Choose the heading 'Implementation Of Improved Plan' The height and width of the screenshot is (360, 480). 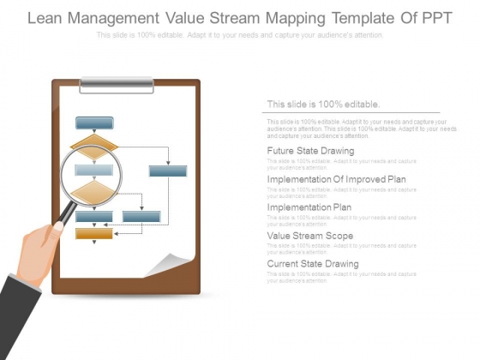[336, 179]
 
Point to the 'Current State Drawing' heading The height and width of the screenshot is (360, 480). [312, 264]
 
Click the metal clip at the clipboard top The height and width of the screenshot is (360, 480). [117, 85]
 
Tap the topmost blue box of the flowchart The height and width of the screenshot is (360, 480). [94, 123]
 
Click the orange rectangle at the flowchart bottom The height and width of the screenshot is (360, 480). [94, 233]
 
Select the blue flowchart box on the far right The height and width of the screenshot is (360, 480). [168, 171]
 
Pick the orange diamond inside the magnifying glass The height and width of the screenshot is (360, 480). [93, 190]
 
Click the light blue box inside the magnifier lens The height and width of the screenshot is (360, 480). [93, 170]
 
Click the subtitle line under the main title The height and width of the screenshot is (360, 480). [240, 35]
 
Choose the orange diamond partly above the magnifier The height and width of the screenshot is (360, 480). [93, 142]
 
